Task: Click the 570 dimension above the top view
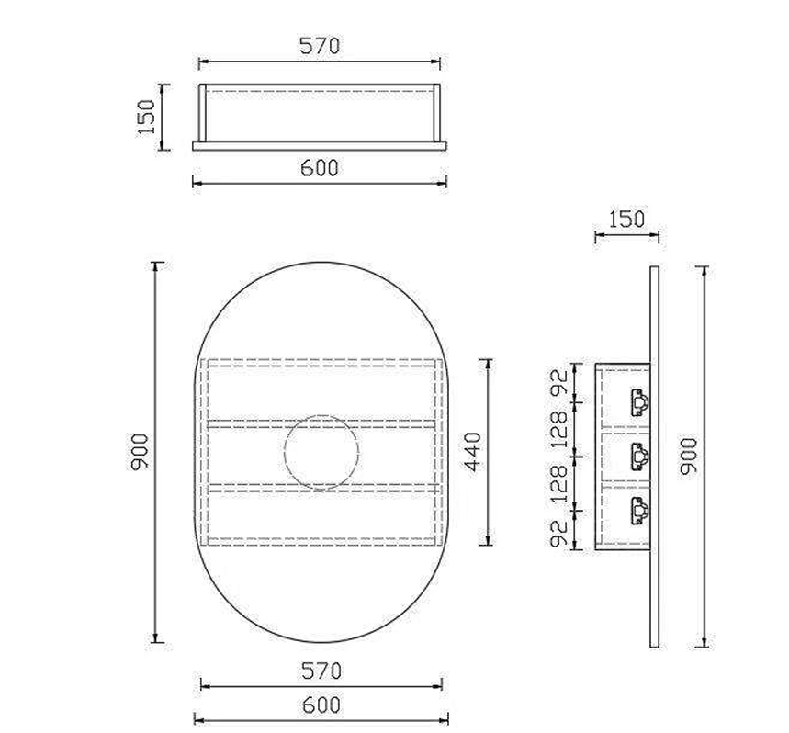tap(320, 46)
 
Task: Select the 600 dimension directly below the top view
tap(320, 167)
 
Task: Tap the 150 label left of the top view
tap(146, 118)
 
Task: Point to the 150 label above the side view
tap(626, 220)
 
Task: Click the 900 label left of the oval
tap(140, 452)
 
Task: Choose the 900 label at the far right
tap(689, 457)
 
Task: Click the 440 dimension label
tap(473, 452)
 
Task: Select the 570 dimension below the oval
tap(321, 671)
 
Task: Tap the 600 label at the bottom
tap(321, 705)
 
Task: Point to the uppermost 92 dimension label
tap(558, 382)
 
